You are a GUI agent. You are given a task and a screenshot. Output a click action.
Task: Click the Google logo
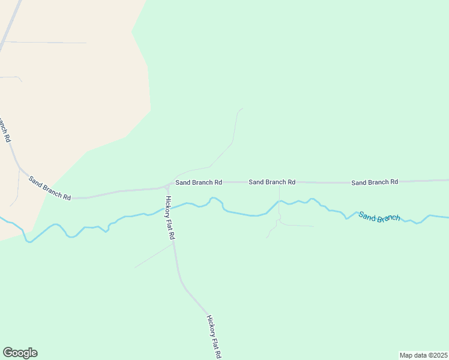pyautogui.click(x=20, y=353)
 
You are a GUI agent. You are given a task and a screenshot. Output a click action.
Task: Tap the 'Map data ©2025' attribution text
pyautogui.click(x=423, y=355)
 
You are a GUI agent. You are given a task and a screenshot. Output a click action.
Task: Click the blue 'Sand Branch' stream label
pyautogui.click(x=379, y=217)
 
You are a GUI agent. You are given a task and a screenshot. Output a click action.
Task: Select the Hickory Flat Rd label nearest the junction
pyautogui.click(x=170, y=218)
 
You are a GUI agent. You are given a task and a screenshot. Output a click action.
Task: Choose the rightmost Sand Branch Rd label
pyautogui.click(x=375, y=182)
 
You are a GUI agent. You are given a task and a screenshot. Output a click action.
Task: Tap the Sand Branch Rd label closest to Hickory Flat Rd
pyautogui.click(x=199, y=182)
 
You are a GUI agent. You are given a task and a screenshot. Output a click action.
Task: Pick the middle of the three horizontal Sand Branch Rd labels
pyautogui.click(x=272, y=182)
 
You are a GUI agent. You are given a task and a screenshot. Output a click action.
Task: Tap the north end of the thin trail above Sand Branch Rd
pyautogui.click(x=243, y=109)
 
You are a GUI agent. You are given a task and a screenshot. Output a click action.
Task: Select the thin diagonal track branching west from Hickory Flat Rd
pyautogui.click(x=153, y=256)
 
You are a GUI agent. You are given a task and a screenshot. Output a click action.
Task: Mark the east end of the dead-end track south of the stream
pyautogui.click(x=313, y=226)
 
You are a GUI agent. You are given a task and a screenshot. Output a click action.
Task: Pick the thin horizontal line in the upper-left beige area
pyautogui.click(x=45, y=43)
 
